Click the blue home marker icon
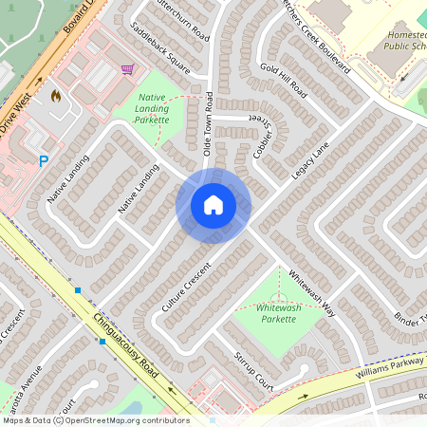(x=213, y=205)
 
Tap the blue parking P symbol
(x=44, y=161)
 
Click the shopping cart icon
(x=127, y=69)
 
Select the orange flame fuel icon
(x=55, y=96)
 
